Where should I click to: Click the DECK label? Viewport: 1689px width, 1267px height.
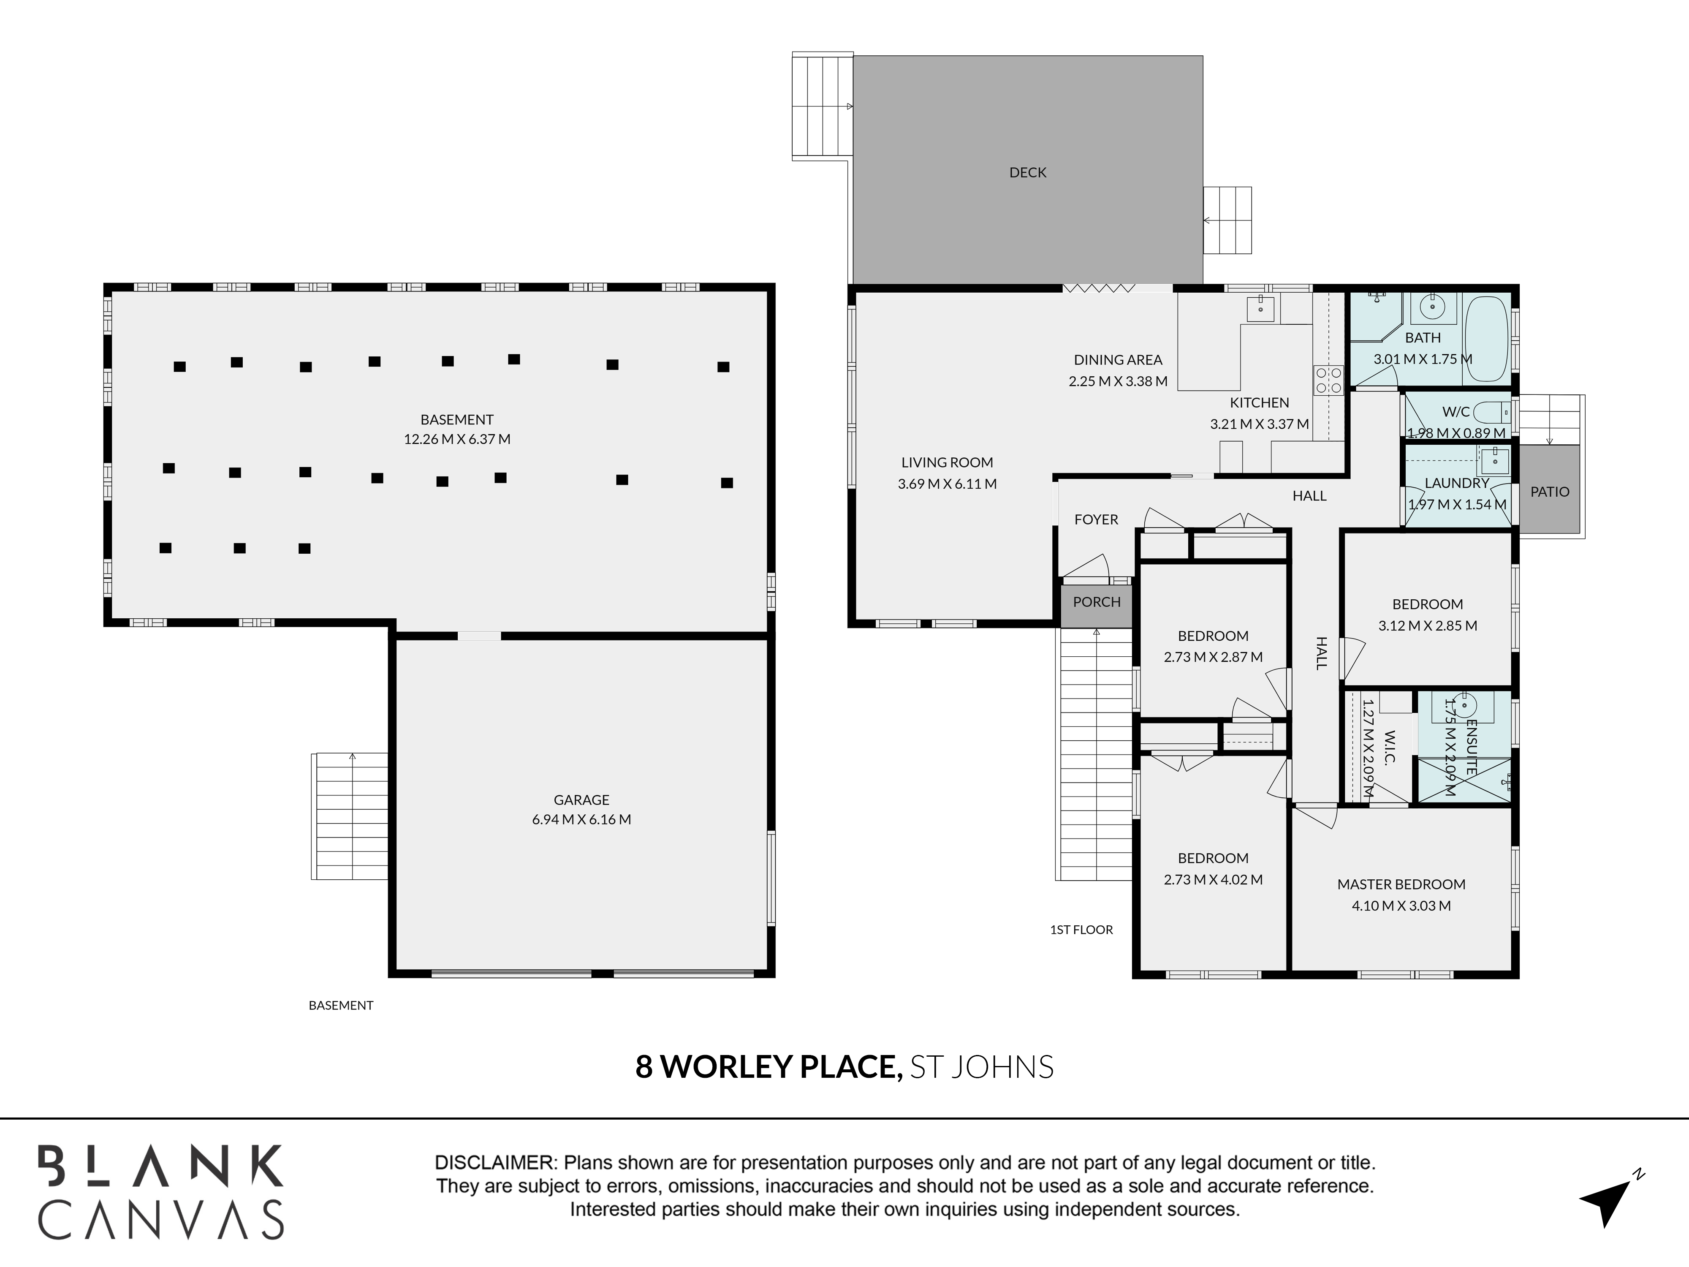pyautogui.click(x=1028, y=173)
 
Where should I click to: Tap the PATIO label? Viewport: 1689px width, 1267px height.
pyautogui.click(x=1549, y=492)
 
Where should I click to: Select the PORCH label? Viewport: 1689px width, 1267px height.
pyautogui.click(x=1097, y=602)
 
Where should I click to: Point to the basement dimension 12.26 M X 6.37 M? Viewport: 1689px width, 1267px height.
pyautogui.click(x=456, y=439)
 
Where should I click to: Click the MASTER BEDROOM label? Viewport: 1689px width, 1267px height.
pyautogui.click(x=1401, y=884)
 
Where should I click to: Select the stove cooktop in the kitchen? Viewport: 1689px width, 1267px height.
pyautogui.click(x=1328, y=381)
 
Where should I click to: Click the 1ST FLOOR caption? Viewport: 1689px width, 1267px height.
pyautogui.click(x=1081, y=930)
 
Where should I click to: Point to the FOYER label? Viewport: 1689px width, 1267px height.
pyautogui.click(x=1096, y=519)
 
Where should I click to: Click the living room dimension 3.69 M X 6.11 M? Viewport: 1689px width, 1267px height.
pyautogui.click(x=947, y=484)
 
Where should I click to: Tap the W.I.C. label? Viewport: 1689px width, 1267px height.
pyautogui.click(x=1390, y=748)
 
